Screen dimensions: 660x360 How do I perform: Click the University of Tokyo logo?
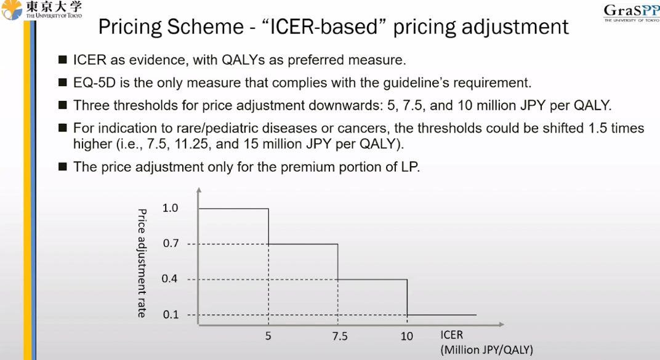pyautogui.click(x=42, y=10)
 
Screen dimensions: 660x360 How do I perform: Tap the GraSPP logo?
pyautogui.click(x=632, y=13)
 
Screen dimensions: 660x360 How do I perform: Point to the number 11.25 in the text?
pyautogui.click(x=191, y=144)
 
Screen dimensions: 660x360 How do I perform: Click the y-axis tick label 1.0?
pyautogui.click(x=170, y=208)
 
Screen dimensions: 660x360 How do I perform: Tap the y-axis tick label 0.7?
pyautogui.click(x=171, y=243)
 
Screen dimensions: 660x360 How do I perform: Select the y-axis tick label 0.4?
pyautogui.click(x=170, y=278)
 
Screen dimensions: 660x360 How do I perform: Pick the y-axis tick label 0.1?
pyautogui.click(x=171, y=314)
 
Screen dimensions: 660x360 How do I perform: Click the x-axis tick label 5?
pyautogui.click(x=268, y=336)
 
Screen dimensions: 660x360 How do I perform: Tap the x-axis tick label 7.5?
pyautogui.click(x=340, y=336)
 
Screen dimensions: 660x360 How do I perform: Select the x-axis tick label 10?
pyautogui.click(x=406, y=336)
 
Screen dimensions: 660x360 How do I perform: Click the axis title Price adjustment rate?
pyautogui.click(x=142, y=263)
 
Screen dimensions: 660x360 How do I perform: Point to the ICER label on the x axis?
pyautogui.click(x=452, y=335)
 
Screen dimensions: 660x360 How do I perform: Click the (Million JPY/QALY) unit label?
pyautogui.click(x=486, y=350)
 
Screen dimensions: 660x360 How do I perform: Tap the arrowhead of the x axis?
pyautogui.click(x=501, y=324)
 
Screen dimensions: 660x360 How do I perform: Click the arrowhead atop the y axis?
pyautogui.click(x=199, y=190)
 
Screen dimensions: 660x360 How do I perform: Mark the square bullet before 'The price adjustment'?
pyautogui.click(x=63, y=167)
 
